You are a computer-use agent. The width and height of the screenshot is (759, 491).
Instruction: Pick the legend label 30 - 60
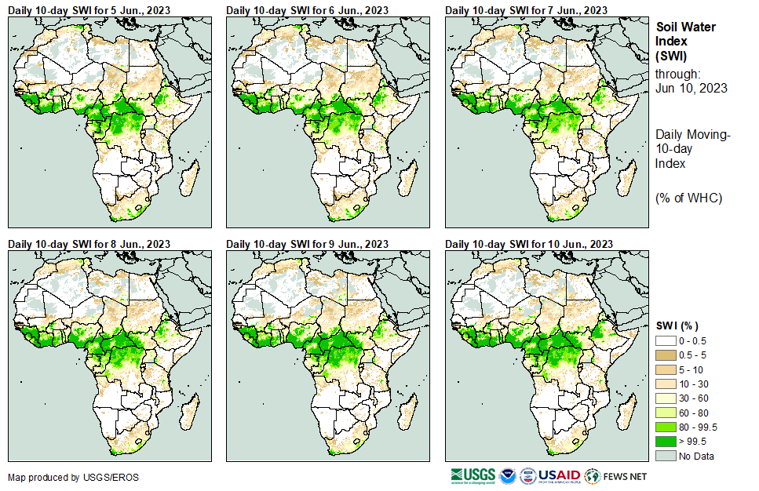coord(694,398)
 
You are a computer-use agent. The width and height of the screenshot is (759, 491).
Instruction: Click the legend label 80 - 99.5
coord(698,427)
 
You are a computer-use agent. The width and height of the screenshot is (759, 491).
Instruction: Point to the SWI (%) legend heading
coord(677,326)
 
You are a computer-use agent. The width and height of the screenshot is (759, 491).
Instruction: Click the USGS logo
coord(473,476)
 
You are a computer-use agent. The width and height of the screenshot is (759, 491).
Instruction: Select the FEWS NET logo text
coord(626,477)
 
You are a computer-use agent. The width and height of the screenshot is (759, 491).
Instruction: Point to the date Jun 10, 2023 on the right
coord(691,88)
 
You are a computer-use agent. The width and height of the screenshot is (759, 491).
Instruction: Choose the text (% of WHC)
coord(688,197)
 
